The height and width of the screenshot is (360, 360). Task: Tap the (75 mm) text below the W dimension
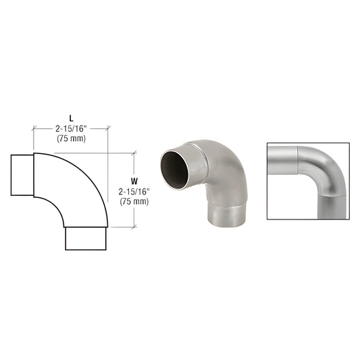click(x=134, y=201)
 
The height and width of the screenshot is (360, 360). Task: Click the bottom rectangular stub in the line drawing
click(x=86, y=238)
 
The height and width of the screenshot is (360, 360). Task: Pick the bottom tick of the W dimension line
click(x=138, y=227)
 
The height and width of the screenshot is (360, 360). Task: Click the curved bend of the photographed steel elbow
click(x=223, y=165)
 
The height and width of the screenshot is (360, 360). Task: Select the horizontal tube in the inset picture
click(x=284, y=160)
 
